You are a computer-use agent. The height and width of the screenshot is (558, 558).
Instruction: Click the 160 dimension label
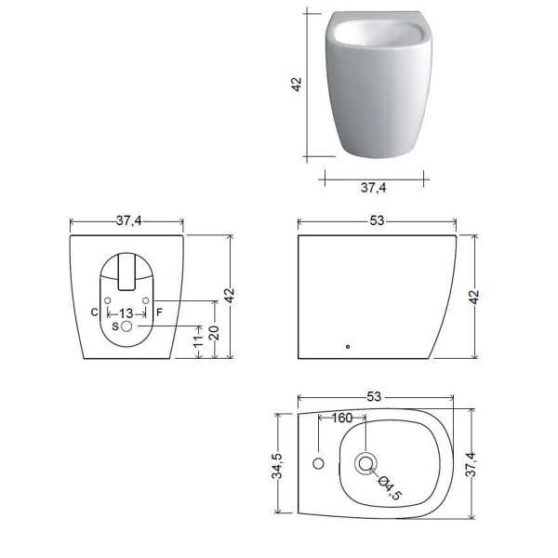point(341,418)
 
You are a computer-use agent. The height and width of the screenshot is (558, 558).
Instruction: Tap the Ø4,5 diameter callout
point(391,487)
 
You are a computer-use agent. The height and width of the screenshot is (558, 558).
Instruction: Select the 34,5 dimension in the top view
point(277,466)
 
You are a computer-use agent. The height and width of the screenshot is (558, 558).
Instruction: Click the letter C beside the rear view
point(94,312)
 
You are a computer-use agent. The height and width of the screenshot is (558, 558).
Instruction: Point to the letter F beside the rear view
point(159,312)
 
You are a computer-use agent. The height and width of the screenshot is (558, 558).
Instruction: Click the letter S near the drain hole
point(115,326)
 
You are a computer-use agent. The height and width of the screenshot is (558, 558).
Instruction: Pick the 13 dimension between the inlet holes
point(126,314)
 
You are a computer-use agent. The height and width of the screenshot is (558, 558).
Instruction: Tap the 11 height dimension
point(198,340)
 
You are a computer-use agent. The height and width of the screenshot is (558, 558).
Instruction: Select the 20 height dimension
point(214,332)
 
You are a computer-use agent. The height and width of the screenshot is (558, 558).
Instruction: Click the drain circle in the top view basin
point(365,463)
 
